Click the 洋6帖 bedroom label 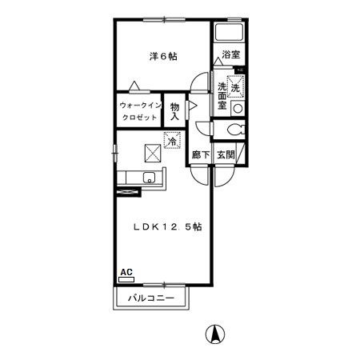coord(163,56)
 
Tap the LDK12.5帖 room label coord(167,227)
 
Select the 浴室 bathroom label coord(231,54)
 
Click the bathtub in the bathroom coord(229,32)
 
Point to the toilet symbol coord(236,130)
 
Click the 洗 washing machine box coord(235,86)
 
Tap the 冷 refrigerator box coord(172,140)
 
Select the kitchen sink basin coord(150,178)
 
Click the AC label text coord(126,272)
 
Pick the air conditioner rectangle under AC coord(126,279)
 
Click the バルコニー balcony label coord(151,298)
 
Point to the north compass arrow coord(215,334)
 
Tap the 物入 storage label coord(174,111)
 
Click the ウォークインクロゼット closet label coord(140,111)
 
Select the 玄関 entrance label coord(226,154)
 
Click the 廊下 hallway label coord(201,154)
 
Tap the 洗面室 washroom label coord(222,96)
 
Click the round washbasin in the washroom coord(238,108)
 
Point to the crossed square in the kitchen coord(153,153)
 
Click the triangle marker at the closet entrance coord(134,86)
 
